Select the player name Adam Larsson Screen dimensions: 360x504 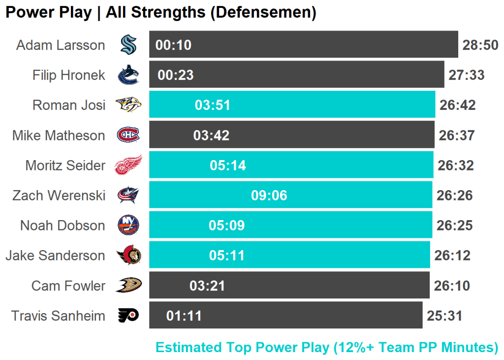(x=61, y=45)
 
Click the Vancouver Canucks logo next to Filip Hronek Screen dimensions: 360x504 (x=128, y=75)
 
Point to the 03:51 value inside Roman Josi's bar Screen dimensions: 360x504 (x=213, y=105)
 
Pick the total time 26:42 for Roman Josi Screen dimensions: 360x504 (x=457, y=105)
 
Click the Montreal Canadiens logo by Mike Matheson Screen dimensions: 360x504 (x=128, y=135)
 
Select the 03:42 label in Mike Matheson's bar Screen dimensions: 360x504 (x=211, y=135)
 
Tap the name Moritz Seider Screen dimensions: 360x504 (x=65, y=165)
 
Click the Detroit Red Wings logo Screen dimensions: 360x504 (x=128, y=165)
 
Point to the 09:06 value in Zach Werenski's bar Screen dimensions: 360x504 (x=269, y=196)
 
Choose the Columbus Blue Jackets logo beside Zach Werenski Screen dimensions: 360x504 (x=128, y=196)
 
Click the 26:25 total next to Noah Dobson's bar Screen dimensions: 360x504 (x=455, y=226)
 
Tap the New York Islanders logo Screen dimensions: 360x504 (x=128, y=225)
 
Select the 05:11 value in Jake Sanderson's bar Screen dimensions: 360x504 (x=226, y=256)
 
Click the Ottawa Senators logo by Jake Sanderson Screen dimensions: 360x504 (x=128, y=255)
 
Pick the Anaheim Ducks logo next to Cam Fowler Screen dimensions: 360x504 (x=128, y=285)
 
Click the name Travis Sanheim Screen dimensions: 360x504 (x=58, y=316)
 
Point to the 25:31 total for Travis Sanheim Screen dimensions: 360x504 (x=444, y=316)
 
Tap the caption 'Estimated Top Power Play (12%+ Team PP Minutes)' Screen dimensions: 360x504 (x=327, y=347)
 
